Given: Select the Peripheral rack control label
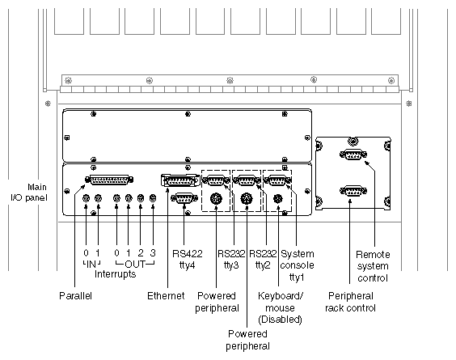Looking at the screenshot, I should [350, 301].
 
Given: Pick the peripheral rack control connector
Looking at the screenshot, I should [353, 192].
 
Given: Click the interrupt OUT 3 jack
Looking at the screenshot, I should [153, 199].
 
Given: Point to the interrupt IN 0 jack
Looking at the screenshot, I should [86, 199].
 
